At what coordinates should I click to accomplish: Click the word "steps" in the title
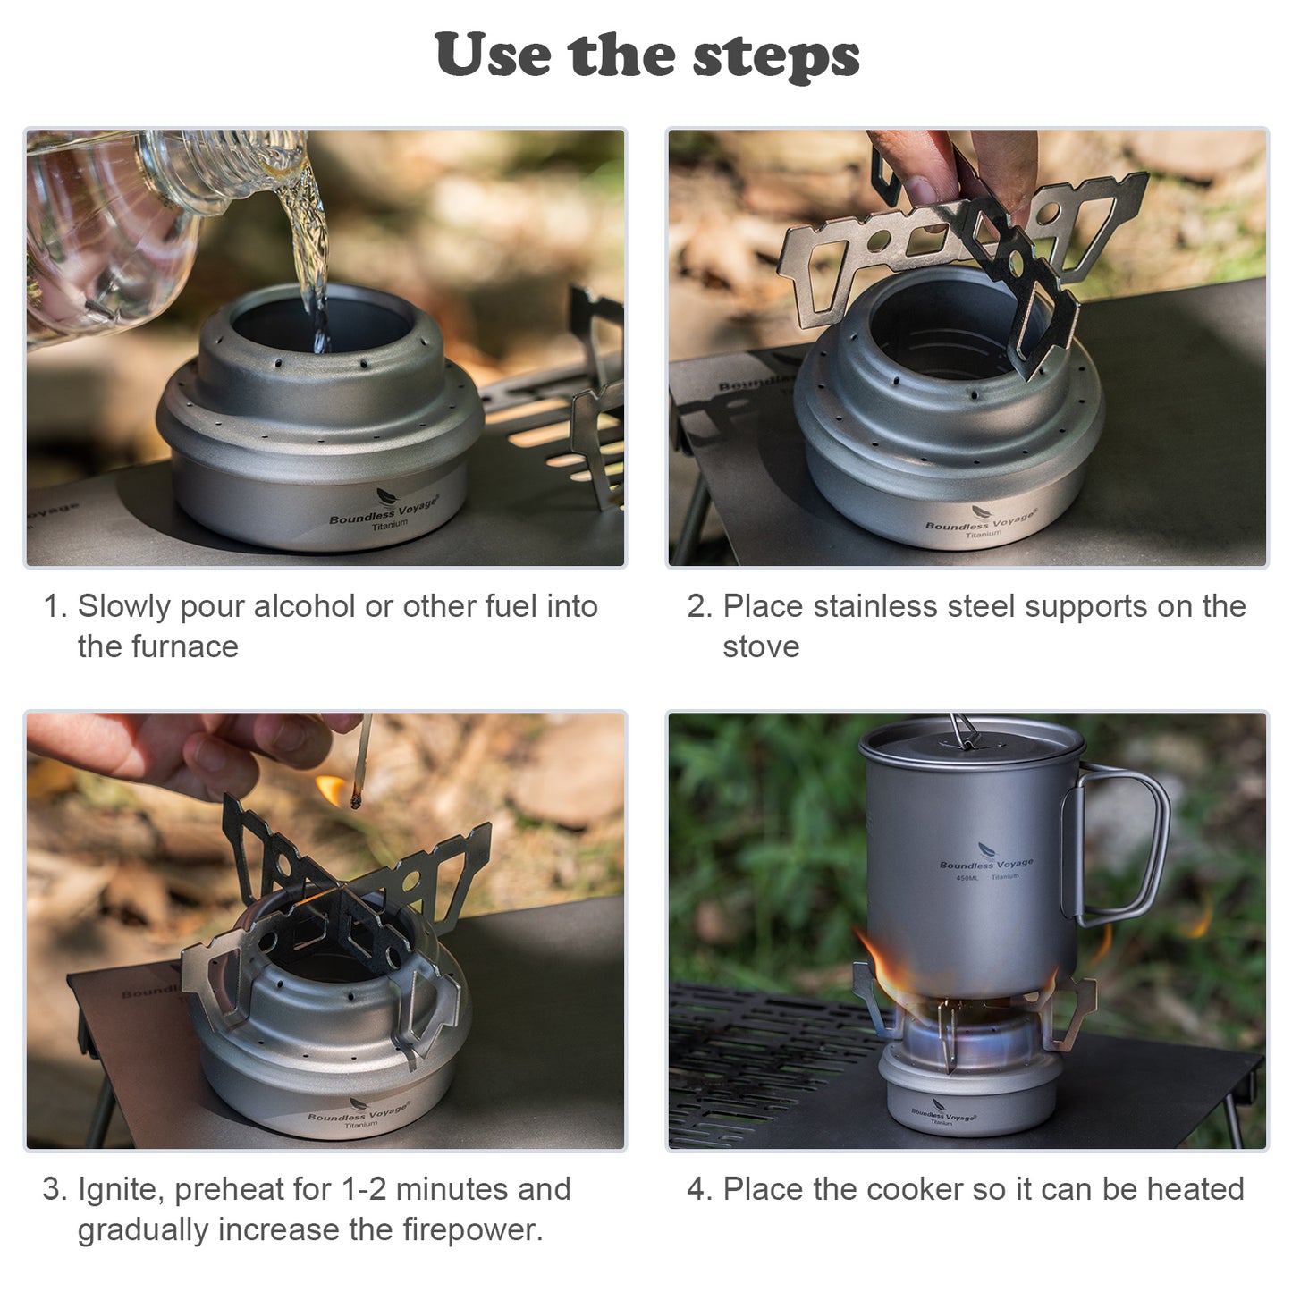coord(776,57)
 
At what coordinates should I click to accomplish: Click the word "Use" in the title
coord(492,54)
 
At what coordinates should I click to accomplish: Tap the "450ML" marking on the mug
coord(967,878)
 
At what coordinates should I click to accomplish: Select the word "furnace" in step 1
coord(185,647)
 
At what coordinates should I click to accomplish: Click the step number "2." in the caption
coord(699,606)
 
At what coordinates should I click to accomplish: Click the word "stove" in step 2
coord(761,647)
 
